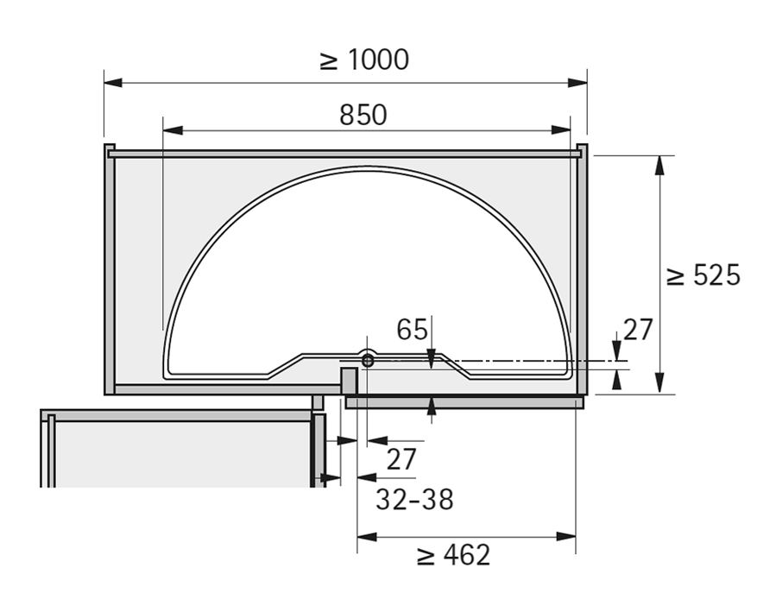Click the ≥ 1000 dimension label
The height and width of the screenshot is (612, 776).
364,60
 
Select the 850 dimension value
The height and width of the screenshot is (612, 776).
363,115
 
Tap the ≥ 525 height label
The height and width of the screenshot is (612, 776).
703,275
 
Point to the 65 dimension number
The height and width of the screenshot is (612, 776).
412,329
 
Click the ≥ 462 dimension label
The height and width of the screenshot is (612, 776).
453,555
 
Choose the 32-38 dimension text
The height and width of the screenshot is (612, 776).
414,500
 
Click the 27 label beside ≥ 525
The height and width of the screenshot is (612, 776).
638,330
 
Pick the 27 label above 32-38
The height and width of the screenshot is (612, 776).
401,459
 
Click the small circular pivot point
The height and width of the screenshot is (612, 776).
367,360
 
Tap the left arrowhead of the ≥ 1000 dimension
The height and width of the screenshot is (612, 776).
113,83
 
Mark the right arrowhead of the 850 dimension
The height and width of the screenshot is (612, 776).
561,130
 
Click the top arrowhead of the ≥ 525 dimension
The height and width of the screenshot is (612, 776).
659,165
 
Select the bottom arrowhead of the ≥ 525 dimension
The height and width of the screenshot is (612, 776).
659,384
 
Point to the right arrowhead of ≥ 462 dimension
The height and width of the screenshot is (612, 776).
566,537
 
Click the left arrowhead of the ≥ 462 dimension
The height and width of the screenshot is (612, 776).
367,537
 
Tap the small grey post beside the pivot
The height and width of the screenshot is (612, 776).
349,381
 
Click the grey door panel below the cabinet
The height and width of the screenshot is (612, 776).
464,402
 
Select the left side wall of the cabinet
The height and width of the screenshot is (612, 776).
110,269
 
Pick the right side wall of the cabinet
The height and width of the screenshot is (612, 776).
583,269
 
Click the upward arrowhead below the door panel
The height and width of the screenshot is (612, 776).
432,406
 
